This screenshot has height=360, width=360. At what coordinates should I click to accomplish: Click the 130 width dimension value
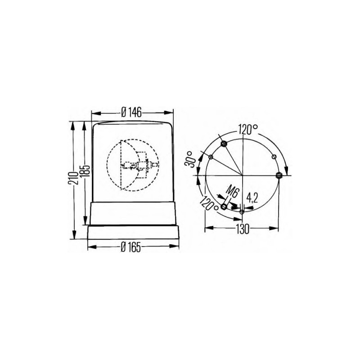(242, 229)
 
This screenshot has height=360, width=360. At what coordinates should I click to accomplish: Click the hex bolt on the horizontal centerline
(279, 175)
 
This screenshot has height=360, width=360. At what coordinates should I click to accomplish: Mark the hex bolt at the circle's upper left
(224, 144)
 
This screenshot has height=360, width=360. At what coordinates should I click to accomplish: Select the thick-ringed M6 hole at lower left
(224, 207)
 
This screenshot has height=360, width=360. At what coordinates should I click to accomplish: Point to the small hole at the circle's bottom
(242, 211)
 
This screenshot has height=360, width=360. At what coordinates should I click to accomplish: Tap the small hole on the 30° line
(211, 157)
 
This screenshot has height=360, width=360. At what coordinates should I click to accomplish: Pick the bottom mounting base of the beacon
(134, 232)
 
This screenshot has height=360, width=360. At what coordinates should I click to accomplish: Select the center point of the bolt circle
(242, 175)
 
